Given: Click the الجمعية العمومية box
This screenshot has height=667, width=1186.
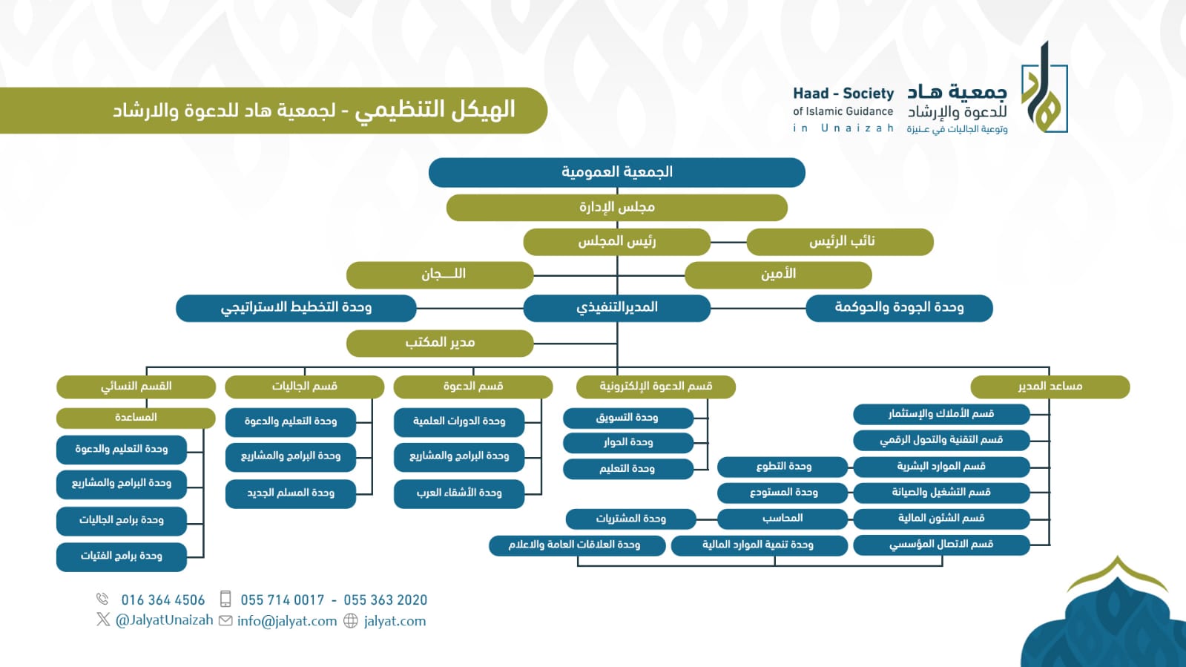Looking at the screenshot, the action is coord(617,172).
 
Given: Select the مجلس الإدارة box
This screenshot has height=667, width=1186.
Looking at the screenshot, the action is coord(617,207).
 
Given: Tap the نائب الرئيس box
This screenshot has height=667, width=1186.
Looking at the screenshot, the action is coord(840,242).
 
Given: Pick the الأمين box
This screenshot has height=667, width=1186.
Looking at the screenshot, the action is coord(778,275).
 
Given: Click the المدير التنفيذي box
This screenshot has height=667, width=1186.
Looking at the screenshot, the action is coord(617,308).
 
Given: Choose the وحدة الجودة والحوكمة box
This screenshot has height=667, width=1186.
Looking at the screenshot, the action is coord(899,308).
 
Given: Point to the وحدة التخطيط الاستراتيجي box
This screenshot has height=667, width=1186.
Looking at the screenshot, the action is coord(296,308).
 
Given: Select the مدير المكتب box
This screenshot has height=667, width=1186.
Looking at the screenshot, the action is coord(440,344).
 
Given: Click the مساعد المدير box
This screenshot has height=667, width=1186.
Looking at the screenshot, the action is coord(1050,387).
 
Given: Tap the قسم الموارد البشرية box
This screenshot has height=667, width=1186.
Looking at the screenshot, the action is coord(941,467).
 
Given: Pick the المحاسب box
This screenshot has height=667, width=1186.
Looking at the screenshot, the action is coord(783,519).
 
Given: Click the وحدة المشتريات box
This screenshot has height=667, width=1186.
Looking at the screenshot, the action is coord(630,519).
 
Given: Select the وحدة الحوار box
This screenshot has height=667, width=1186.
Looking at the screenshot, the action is coord(628,443).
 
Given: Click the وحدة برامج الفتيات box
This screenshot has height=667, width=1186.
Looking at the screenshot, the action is coord(121,556).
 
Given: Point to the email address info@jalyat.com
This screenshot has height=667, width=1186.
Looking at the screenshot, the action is coord(287,621).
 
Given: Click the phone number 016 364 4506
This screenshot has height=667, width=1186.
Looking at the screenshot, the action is coord(163,599).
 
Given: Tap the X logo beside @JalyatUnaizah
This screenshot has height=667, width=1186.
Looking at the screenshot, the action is coord(103,620).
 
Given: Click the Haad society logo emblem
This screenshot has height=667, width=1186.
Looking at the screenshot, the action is coord(1044,88).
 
